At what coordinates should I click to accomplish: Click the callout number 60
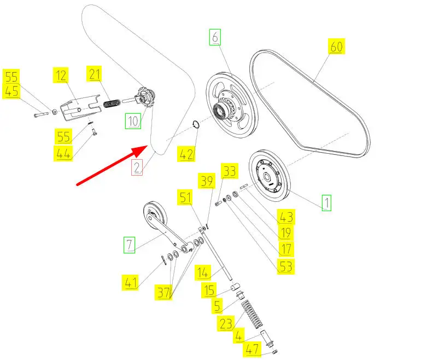(336, 47)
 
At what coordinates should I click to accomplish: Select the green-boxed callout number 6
(215, 38)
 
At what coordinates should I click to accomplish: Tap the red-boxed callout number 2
(136, 166)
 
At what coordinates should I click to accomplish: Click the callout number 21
(95, 73)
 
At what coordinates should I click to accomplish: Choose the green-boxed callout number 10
(132, 120)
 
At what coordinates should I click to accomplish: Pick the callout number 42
(187, 155)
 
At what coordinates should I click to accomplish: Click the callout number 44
(64, 154)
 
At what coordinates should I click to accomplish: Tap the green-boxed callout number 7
(128, 245)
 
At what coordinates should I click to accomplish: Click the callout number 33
(229, 171)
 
